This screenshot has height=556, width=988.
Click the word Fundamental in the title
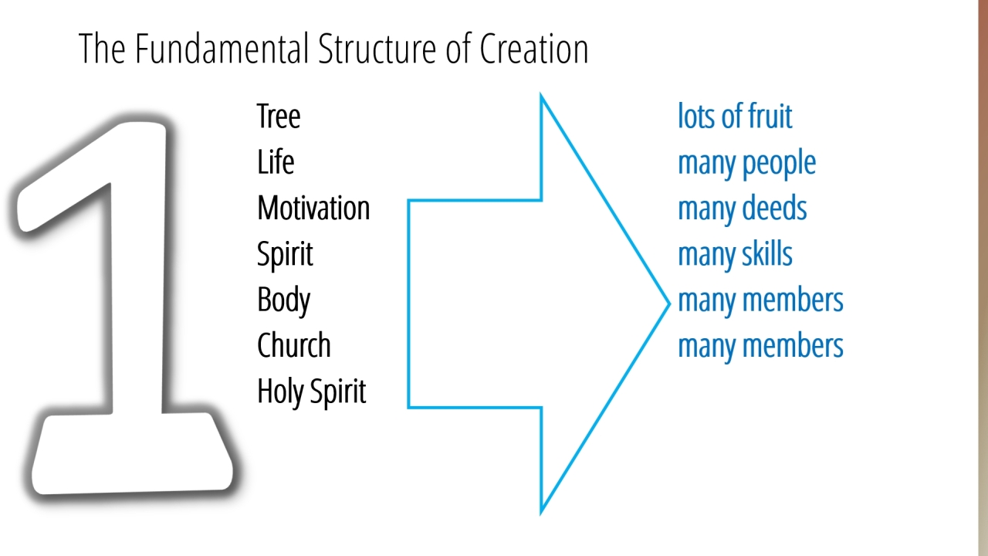(222, 49)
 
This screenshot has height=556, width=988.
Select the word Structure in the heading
(377, 49)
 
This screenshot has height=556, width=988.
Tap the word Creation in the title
(533, 49)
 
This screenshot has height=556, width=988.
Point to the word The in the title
(102, 49)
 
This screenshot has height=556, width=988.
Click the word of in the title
(458, 49)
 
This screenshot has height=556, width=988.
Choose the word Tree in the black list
(279, 116)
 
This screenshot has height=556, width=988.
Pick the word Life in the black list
(276, 162)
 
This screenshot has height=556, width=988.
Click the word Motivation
(313, 208)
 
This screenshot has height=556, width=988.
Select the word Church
(294, 345)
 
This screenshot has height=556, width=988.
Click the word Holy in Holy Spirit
(281, 392)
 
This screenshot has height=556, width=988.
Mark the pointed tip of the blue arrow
(669, 303)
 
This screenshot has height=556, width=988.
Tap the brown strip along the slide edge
(983, 278)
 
